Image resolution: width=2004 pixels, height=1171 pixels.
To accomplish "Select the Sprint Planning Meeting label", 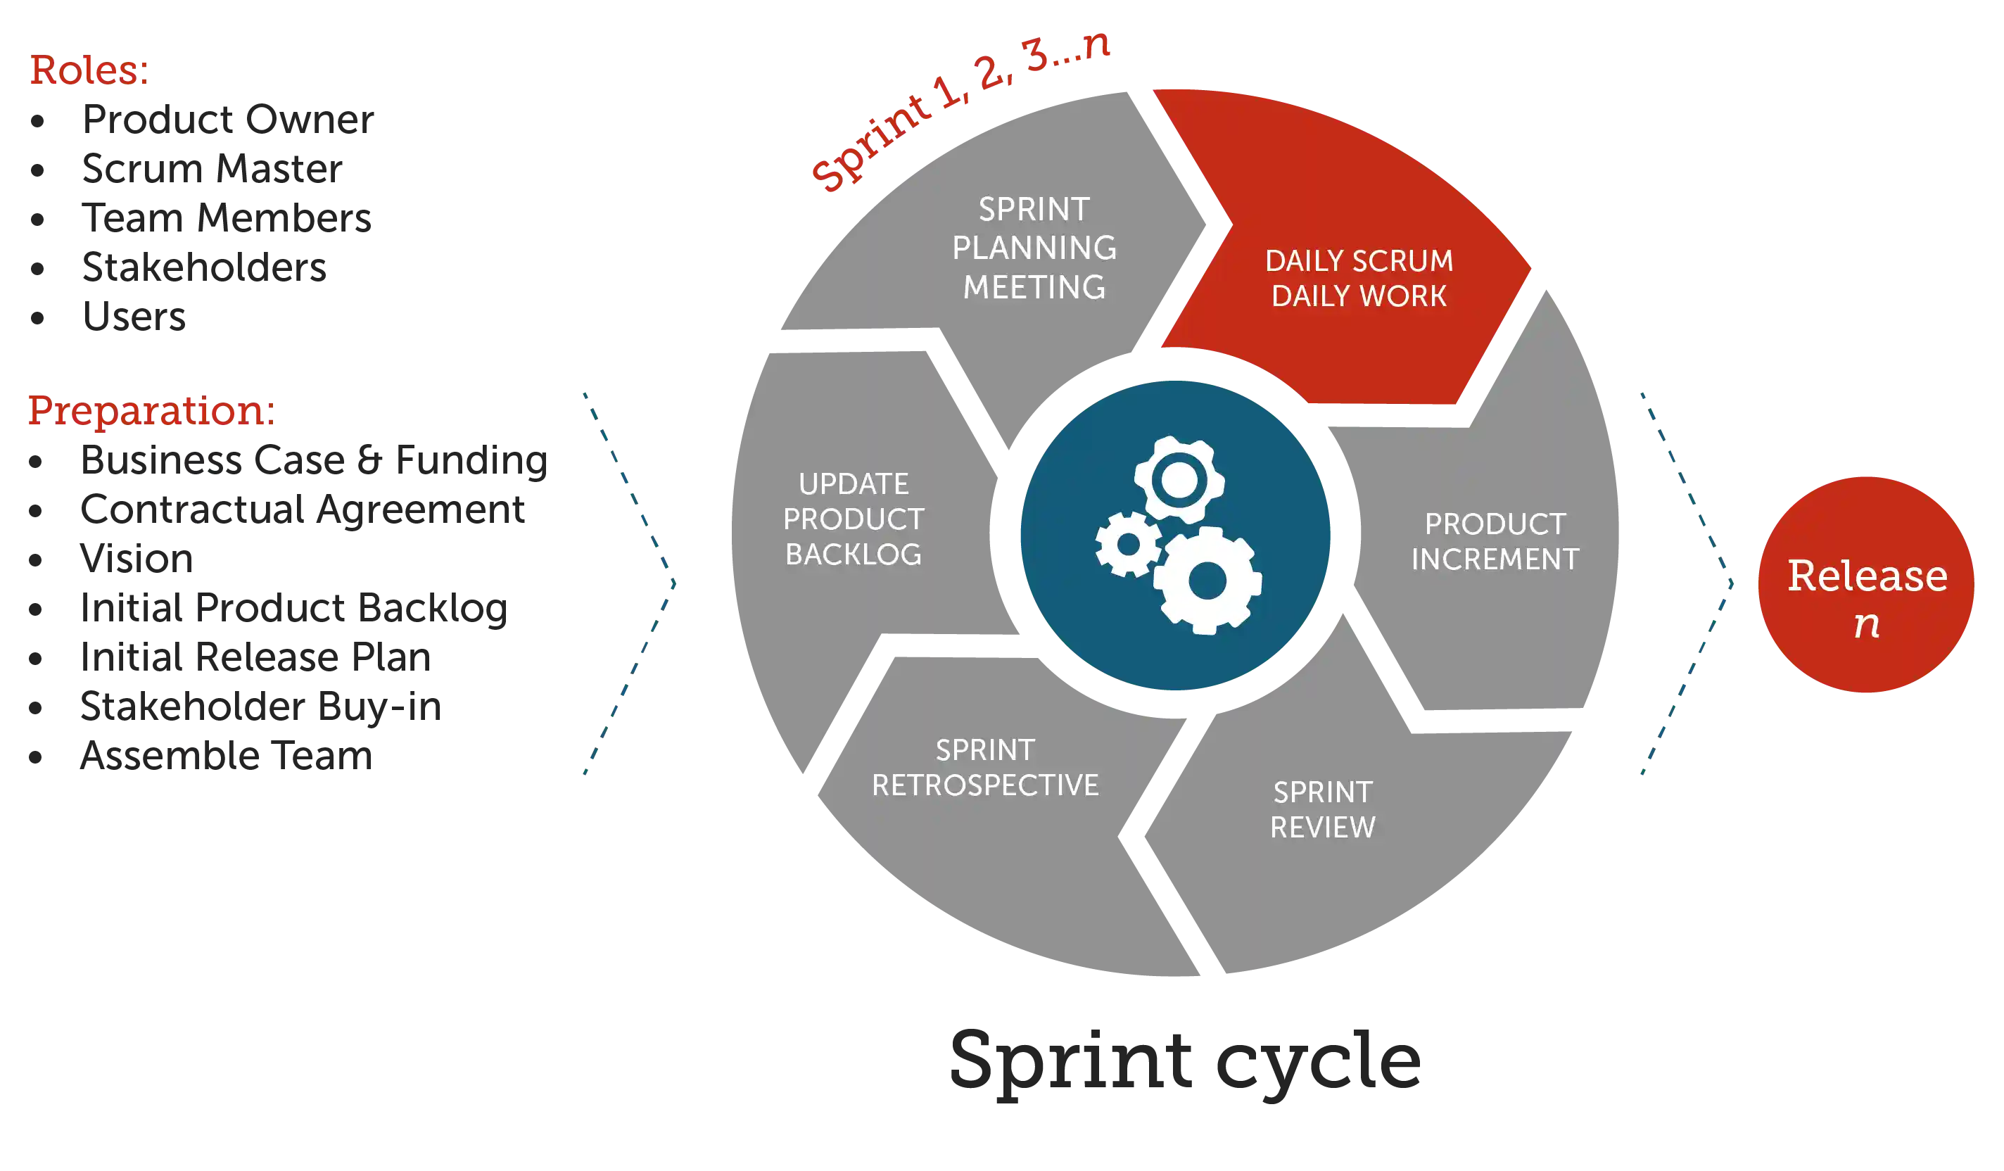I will click(x=1034, y=248).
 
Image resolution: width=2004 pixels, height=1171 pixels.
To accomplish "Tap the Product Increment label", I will click(x=1495, y=542).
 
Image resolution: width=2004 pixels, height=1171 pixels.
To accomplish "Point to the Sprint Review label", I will click(x=1322, y=810).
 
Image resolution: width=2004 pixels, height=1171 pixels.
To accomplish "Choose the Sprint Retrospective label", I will click(x=984, y=768).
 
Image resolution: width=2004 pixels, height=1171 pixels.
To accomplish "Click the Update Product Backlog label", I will click(x=854, y=519).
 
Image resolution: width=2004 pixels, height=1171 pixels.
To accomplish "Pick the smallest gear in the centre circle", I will click(x=1128, y=545).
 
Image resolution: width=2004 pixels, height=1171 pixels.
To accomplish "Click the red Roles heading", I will click(x=87, y=69).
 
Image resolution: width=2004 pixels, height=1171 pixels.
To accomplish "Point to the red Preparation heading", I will click(x=151, y=411).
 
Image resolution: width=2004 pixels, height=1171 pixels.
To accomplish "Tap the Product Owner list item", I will click(x=229, y=120).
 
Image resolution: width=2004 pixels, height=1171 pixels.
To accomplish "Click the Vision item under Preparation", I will click(x=135, y=559).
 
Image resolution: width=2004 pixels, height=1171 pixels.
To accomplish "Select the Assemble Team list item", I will click(x=225, y=755).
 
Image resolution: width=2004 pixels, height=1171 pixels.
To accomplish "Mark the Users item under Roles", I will click(x=134, y=317).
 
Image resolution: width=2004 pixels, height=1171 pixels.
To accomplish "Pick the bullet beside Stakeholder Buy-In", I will click(x=36, y=707).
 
